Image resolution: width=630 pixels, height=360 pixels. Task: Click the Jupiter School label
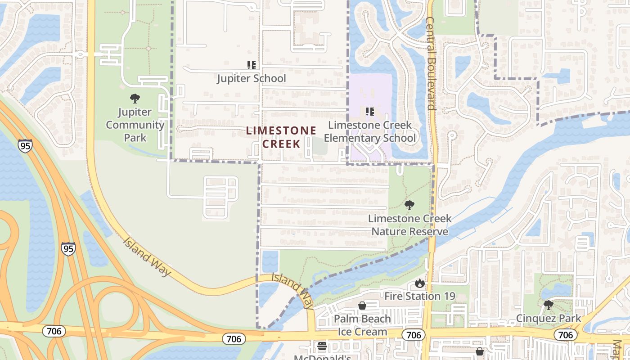(x=251, y=78)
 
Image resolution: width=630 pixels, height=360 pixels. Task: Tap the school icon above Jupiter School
(x=252, y=65)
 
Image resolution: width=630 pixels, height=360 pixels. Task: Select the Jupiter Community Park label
(x=135, y=125)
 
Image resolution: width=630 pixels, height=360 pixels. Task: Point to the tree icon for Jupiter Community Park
(x=135, y=99)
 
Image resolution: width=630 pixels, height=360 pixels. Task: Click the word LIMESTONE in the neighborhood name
(x=281, y=130)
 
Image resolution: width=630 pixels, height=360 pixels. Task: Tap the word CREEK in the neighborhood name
(x=281, y=144)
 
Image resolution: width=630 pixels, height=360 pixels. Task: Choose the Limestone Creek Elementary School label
(x=370, y=131)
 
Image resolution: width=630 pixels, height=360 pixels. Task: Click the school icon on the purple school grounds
(x=370, y=112)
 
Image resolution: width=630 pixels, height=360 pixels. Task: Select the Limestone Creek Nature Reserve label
(x=409, y=225)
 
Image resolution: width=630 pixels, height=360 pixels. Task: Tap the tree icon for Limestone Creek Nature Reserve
(x=409, y=206)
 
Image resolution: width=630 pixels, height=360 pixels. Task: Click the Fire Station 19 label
(x=419, y=296)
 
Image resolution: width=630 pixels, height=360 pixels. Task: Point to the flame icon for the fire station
(x=419, y=283)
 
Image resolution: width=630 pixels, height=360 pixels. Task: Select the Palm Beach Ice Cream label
(x=362, y=325)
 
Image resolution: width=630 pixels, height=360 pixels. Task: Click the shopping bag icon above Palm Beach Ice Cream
(x=362, y=306)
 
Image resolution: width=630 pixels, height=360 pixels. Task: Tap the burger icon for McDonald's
(x=322, y=346)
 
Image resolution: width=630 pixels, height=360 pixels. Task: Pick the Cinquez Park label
(x=548, y=319)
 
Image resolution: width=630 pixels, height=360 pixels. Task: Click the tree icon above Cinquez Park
(x=548, y=305)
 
